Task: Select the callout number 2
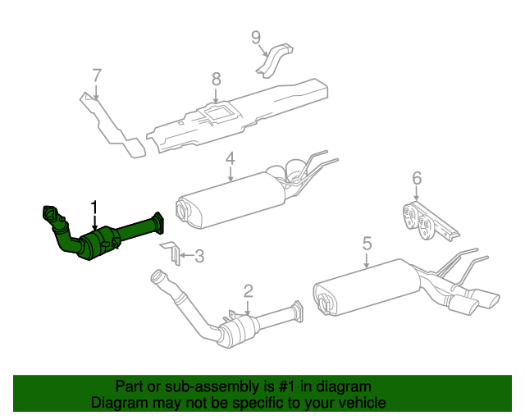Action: (x=248, y=290)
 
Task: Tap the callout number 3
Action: (x=199, y=257)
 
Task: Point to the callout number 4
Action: (x=231, y=158)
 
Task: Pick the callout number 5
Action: (x=367, y=244)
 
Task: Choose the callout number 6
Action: (x=417, y=178)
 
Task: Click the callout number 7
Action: (x=97, y=76)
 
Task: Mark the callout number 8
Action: (x=217, y=79)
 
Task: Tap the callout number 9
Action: (x=256, y=37)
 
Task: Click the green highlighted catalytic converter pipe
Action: (x=103, y=243)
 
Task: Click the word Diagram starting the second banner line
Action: (x=117, y=403)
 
